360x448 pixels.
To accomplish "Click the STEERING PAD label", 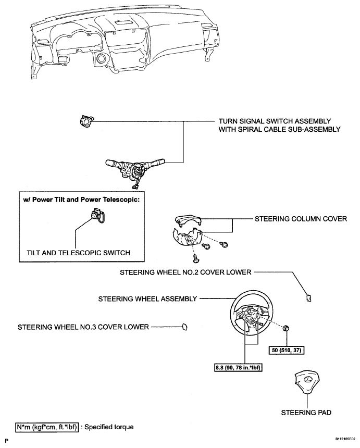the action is (306, 413).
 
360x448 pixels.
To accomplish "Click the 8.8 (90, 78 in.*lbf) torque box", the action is (238, 367).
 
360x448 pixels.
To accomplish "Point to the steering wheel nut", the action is (285, 329).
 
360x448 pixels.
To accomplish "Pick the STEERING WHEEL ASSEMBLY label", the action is (147, 299).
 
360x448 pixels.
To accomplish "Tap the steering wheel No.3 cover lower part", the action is (184, 327).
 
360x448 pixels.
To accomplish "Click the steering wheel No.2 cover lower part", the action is (308, 298).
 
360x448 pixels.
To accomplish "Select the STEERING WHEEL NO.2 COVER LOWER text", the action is (185, 272).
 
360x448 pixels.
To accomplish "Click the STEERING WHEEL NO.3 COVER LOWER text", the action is (83, 327).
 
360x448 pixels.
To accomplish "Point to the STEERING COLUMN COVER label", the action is (301, 219).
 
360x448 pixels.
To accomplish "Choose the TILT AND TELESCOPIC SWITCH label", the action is (78, 253).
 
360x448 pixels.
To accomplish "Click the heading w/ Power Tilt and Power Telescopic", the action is (81, 200).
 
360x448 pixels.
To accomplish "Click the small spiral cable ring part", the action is (86, 121).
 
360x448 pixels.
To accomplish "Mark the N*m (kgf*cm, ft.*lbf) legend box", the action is (47, 427).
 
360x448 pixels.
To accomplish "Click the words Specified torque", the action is (109, 427).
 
